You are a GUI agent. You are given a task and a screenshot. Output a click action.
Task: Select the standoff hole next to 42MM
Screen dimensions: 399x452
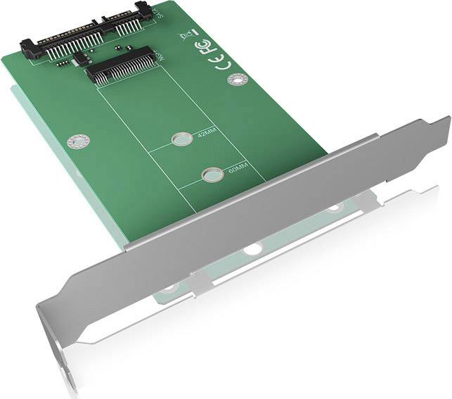(181, 140)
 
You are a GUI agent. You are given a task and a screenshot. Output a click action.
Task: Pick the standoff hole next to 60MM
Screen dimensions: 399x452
(209, 174)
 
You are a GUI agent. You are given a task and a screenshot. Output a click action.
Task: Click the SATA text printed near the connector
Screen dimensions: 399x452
(157, 12)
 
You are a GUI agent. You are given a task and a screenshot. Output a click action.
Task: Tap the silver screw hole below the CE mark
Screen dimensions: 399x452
(236, 80)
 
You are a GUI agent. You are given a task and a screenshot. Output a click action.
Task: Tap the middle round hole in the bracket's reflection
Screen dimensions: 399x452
(251, 248)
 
